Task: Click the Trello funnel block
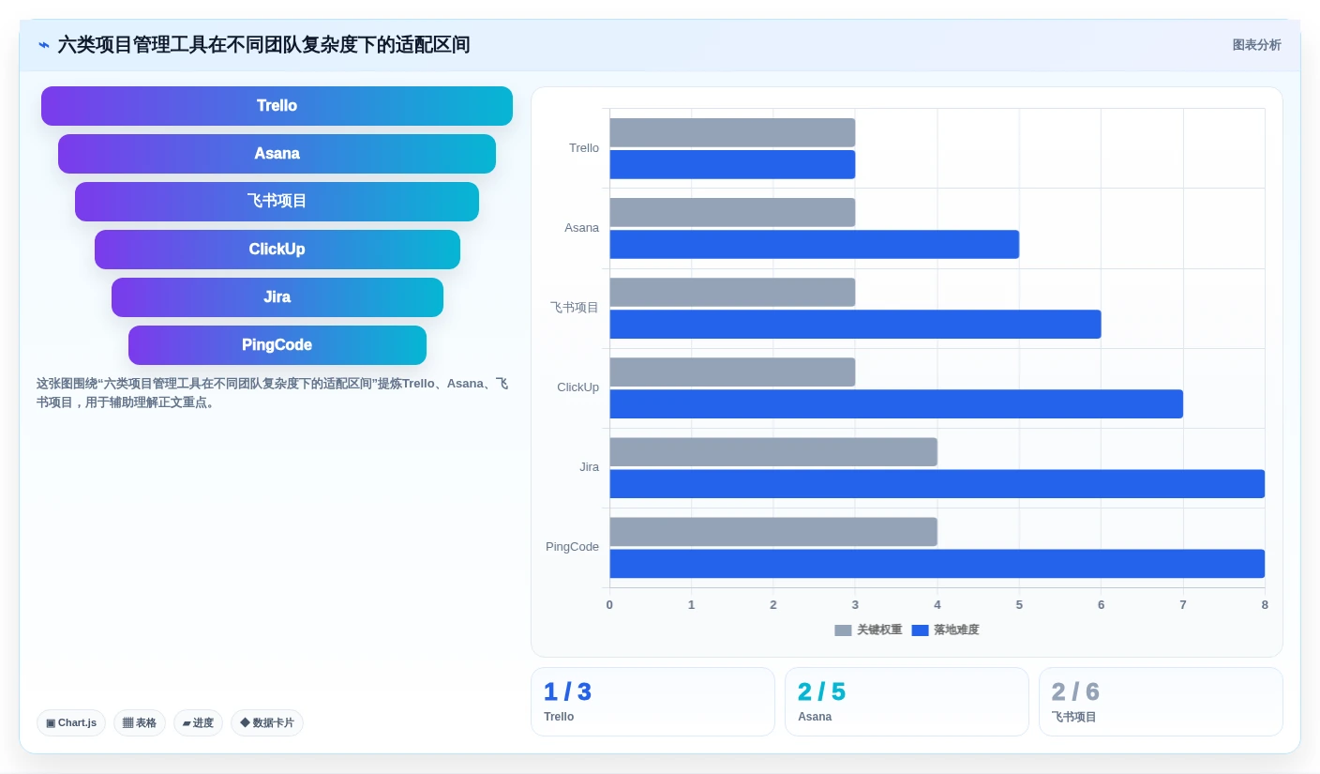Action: tap(277, 106)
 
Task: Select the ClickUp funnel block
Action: tap(277, 249)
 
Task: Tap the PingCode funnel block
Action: tap(277, 344)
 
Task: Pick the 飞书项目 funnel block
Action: tap(277, 201)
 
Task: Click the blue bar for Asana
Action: tap(815, 244)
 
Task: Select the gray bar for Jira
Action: tap(773, 452)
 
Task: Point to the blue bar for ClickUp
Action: tap(896, 404)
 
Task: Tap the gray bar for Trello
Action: tap(732, 132)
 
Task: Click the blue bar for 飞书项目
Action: tap(855, 325)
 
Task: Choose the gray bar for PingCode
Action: tap(773, 532)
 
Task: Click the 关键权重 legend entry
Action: tap(868, 630)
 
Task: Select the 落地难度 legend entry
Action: tap(945, 630)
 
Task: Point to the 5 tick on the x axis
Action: tap(1019, 605)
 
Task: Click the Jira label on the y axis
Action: tap(589, 467)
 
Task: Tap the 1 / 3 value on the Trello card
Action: tap(567, 691)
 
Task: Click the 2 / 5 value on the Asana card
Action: tap(821, 691)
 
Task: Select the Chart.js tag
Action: tap(71, 722)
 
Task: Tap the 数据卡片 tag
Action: tap(267, 722)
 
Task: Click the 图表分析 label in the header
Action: tap(1256, 45)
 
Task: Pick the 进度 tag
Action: tap(198, 722)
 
